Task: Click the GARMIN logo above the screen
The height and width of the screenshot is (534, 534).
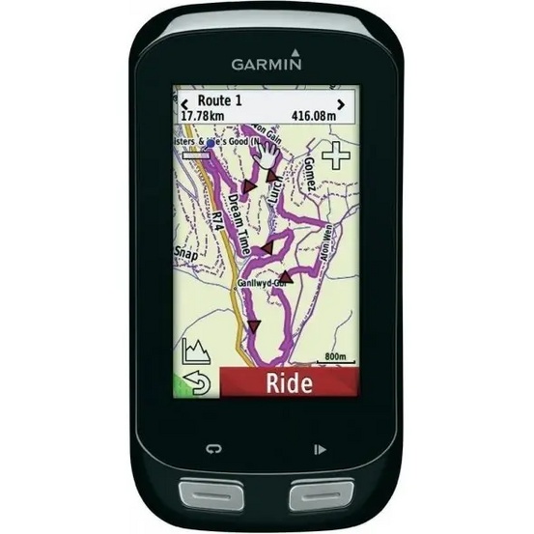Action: click(267, 64)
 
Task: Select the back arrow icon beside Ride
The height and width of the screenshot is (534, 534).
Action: click(197, 383)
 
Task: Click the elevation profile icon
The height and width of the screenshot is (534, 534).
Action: click(195, 351)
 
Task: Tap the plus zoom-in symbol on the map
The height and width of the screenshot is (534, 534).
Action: click(336, 156)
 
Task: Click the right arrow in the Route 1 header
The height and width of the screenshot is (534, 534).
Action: click(340, 102)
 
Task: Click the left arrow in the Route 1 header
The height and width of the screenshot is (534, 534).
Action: click(185, 102)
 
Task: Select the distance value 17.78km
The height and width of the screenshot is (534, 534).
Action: click(206, 115)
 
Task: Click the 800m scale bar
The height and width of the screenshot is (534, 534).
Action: click(335, 360)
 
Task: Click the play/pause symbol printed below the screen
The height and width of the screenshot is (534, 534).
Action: click(320, 448)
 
